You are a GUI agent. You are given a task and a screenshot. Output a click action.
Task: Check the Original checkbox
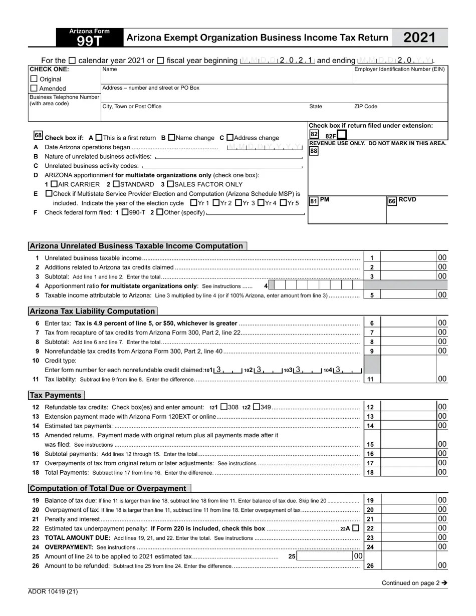[x=34, y=79]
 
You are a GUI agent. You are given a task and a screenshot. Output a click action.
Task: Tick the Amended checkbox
[x=34, y=88]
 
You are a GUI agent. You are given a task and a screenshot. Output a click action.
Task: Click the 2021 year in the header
[x=419, y=38]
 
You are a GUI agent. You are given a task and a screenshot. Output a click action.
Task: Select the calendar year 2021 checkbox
[x=72, y=61]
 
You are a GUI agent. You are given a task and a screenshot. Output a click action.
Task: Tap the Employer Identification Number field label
[x=399, y=70]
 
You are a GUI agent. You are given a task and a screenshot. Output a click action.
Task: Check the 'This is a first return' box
[x=99, y=137]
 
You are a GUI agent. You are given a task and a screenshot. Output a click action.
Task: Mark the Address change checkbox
[x=230, y=137]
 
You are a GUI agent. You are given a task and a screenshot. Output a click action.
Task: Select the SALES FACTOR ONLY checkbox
[x=170, y=184]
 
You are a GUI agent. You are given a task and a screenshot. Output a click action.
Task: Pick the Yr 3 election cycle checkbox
[x=239, y=203]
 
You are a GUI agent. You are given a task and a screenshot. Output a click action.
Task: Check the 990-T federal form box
[x=125, y=212]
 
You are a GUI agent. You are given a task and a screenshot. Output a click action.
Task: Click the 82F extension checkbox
[x=342, y=135]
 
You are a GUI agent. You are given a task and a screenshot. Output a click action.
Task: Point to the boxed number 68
[x=38, y=136]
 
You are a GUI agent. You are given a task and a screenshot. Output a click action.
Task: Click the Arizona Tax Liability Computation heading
[x=93, y=311]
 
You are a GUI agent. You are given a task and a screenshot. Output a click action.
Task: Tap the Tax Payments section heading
[x=56, y=395]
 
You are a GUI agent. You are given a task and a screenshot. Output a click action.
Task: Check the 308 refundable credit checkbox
[x=224, y=407]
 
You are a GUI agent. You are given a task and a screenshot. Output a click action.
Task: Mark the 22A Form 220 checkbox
[x=356, y=528]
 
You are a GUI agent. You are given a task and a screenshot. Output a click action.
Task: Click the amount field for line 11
[x=408, y=379]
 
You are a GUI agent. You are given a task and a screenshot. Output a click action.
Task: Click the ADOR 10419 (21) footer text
[x=53, y=591]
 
